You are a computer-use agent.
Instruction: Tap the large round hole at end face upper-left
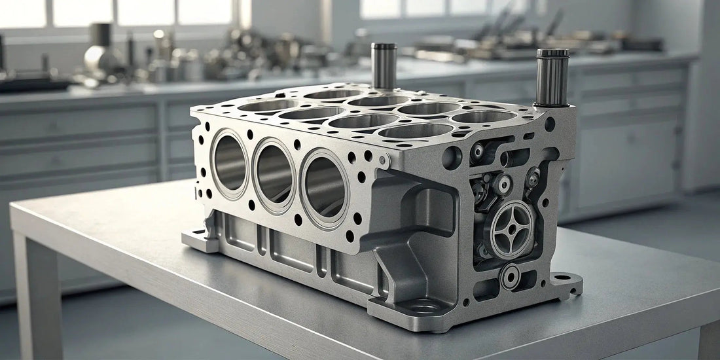pos(452,157)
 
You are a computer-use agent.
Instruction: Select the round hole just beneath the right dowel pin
pos(550,123)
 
